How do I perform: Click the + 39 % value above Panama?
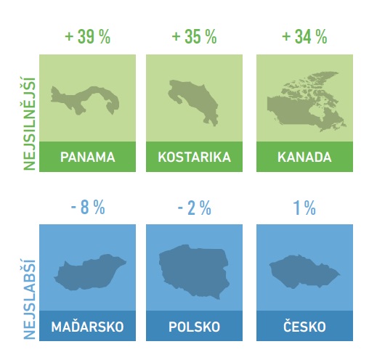88,37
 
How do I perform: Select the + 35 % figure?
194,37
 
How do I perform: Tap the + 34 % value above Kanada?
304,37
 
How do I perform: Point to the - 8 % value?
88,208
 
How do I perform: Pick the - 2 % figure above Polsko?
195,208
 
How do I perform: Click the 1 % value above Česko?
304,208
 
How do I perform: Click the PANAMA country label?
88,157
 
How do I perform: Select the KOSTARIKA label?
194,157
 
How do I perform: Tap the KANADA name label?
304,157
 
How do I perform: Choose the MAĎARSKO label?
87,327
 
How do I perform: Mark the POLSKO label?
194,327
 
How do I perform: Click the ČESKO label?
304,326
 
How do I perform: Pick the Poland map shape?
194,271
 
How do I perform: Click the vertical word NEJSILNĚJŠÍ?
30,123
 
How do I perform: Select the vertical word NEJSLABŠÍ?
30,300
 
